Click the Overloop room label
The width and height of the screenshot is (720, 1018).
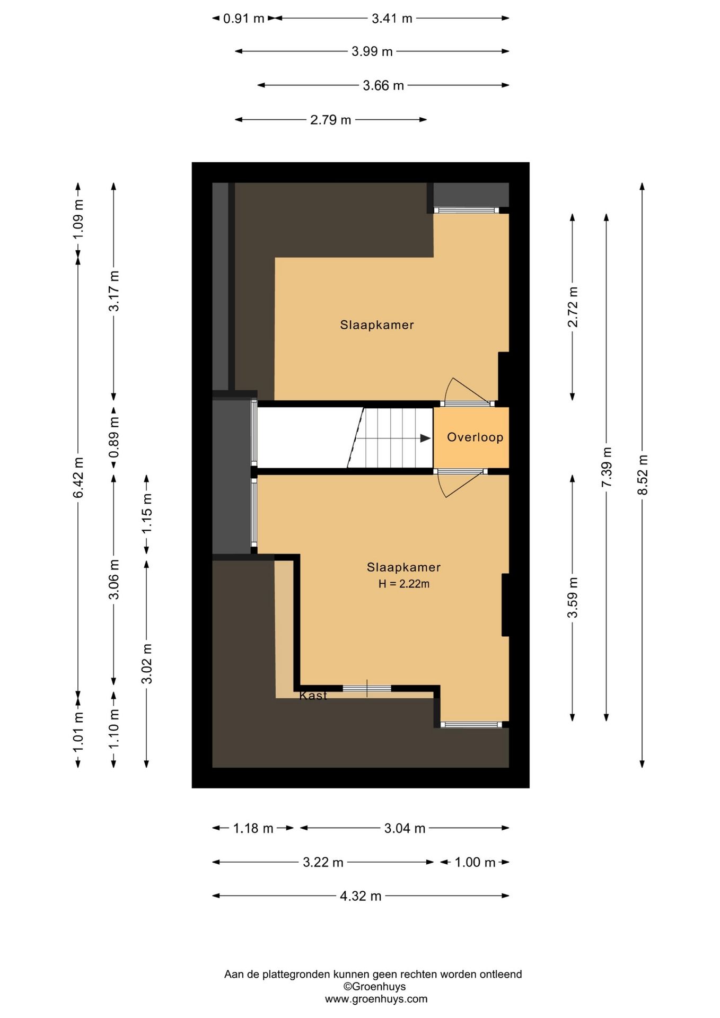(475, 437)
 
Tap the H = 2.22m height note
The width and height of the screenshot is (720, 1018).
(404, 584)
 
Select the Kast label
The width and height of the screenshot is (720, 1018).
(313, 696)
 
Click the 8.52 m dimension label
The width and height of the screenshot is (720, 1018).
(643, 475)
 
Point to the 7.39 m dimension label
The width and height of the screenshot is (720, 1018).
(607, 467)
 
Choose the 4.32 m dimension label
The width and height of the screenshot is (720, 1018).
(361, 896)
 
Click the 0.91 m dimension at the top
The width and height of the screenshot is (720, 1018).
(243, 19)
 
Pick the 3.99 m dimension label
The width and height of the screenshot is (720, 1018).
(372, 51)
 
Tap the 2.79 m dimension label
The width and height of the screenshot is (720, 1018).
(331, 120)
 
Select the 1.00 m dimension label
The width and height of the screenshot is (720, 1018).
(475, 862)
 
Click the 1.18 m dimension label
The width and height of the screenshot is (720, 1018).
(253, 828)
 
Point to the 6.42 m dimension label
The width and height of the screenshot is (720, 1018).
(78, 477)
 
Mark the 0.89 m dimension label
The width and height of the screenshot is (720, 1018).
(113, 437)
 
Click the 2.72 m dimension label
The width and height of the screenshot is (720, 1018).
(573, 307)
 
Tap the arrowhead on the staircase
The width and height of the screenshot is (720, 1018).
(425, 438)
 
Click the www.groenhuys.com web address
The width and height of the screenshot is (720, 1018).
(376, 999)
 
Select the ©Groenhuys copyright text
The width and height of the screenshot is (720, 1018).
(374, 987)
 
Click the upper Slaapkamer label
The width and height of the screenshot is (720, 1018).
(377, 325)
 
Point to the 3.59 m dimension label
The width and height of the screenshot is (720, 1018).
(573, 598)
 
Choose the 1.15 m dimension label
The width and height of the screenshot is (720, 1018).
(147, 513)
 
